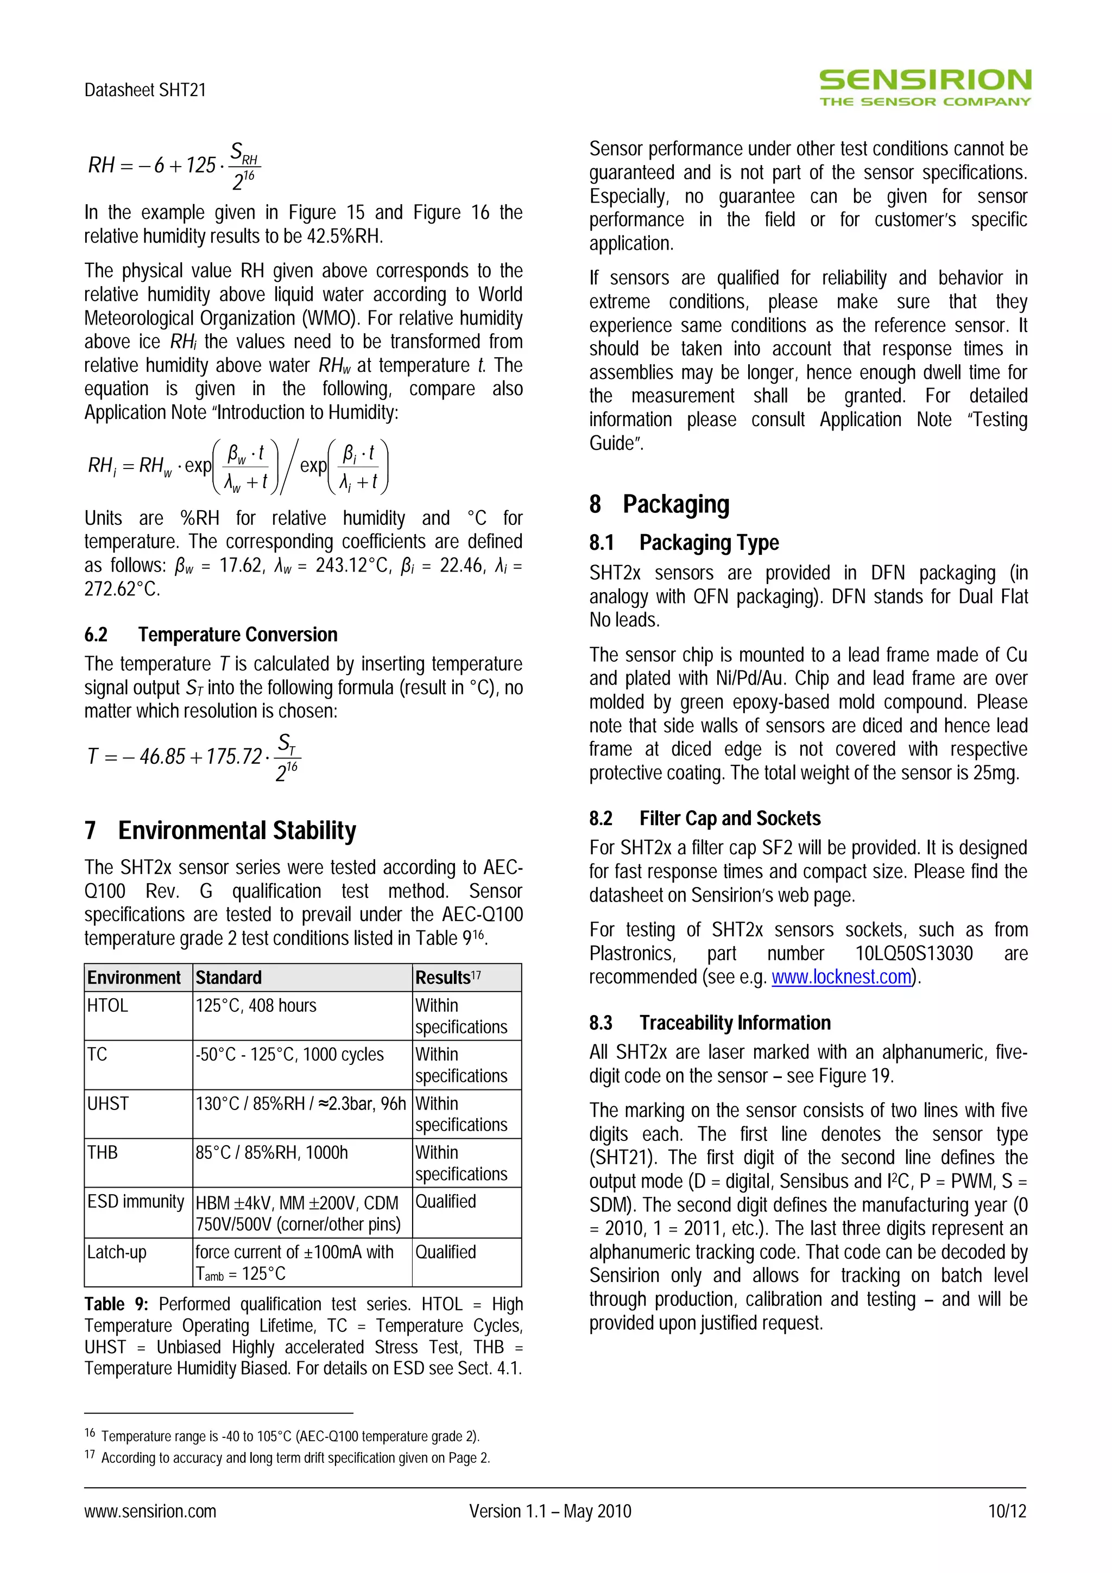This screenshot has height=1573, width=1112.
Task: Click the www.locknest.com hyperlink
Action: [x=842, y=976]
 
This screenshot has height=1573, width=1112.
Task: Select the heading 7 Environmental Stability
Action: [x=220, y=830]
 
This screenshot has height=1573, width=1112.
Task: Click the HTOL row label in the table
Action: [x=108, y=1005]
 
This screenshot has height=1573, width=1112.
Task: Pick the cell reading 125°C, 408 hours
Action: [x=256, y=1005]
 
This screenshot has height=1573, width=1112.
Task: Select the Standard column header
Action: [x=229, y=977]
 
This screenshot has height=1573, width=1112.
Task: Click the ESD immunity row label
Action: [x=136, y=1201]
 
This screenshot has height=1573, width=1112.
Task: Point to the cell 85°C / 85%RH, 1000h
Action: [x=272, y=1152]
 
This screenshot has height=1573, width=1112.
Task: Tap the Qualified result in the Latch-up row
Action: [x=445, y=1252]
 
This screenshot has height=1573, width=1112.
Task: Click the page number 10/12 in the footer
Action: [x=1007, y=1511]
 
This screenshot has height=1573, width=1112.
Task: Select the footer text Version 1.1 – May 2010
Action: [x=550, y=1511]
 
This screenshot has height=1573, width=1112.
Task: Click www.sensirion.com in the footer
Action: [x=150, y=1511]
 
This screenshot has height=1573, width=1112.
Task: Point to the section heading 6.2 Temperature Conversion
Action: [x=211, y=635]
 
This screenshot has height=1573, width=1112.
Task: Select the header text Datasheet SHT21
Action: [x=146, y=90]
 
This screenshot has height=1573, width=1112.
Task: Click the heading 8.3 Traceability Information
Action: [x=710, y=1022]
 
